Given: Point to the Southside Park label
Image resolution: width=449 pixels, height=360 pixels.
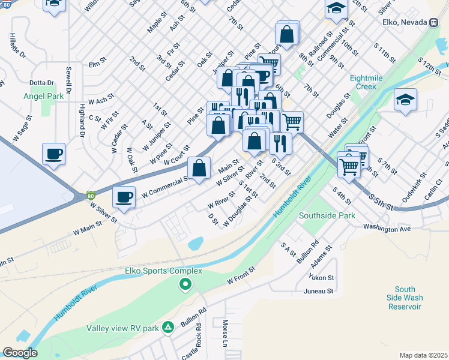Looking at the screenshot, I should [327, 215].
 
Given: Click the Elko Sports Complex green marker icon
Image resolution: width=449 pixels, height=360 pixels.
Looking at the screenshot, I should [186, 284].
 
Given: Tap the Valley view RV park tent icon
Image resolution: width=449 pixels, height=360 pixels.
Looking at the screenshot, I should [169, 328].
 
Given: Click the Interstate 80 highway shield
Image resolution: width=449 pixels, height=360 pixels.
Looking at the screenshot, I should [90, 195].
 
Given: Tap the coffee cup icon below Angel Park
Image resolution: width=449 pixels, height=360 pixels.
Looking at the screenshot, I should [53, 154].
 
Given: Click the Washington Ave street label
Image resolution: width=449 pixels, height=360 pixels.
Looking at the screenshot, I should [387, 229].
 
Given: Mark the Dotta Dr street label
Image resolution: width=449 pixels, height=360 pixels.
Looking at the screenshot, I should [42, 83].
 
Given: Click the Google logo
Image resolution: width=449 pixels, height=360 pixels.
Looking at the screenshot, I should [19, 353].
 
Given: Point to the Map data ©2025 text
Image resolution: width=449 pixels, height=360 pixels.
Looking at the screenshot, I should [423, 355].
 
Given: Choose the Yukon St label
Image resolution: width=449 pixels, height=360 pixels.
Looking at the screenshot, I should [321, 278].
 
